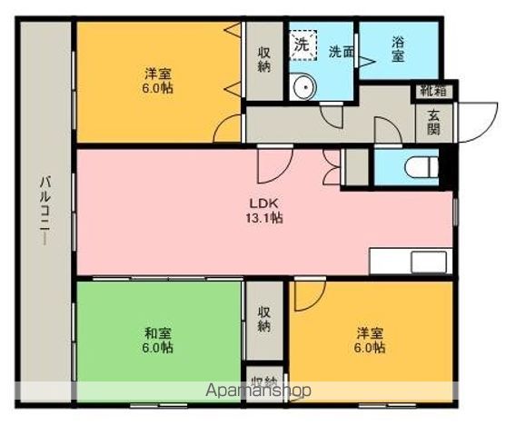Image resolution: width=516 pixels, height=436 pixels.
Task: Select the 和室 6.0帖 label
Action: tap(158, 340)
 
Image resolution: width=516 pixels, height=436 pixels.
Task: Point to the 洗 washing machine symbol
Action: tap(301, 42)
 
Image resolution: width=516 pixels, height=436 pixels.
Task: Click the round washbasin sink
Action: tap(303, 87)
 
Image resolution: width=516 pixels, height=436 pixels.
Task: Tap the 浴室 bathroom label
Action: tap(398, 49)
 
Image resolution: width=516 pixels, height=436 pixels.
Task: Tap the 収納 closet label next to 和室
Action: tap(263, 319)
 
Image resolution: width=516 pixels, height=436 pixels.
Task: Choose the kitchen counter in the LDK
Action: tap(410, 260)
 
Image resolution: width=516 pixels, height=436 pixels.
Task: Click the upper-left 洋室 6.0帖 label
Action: tap(158, 81)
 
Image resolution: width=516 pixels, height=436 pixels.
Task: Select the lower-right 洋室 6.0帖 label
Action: tap(370, 340)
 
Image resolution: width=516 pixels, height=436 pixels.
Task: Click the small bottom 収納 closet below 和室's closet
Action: tap(263, 381)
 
